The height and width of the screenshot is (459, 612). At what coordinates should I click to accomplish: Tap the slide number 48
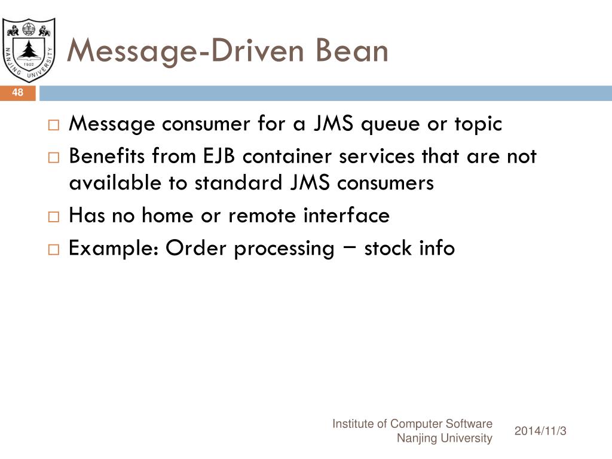17,93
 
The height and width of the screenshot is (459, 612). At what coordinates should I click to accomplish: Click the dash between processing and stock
350,246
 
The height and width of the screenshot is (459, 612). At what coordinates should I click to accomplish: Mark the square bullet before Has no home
54,216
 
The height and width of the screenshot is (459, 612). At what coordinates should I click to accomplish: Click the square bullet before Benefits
54,158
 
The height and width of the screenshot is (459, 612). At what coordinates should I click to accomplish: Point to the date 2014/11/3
540,431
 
